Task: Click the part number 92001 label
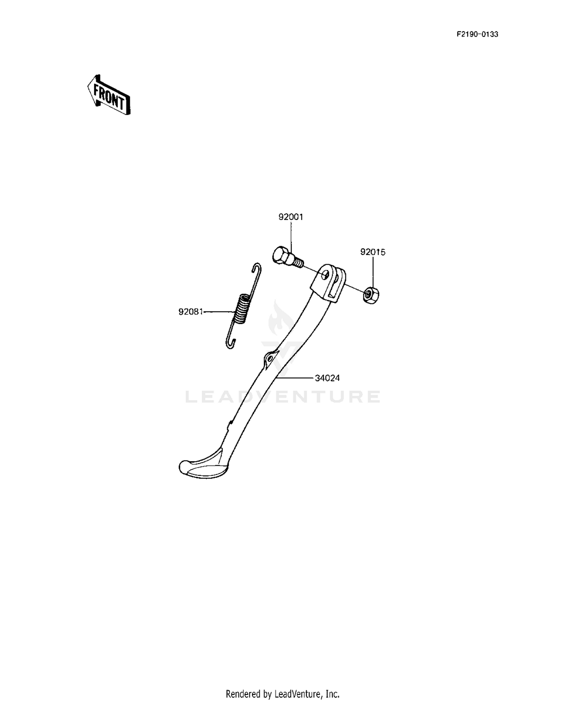point(291,217)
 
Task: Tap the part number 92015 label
point(373,252)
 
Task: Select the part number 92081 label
point(191,312)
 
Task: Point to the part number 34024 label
point(327,378)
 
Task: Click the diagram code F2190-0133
point(477,34)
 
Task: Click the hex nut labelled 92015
point(371,294)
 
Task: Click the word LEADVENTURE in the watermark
point(283,397)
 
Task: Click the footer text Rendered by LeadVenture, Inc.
point(283,694)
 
